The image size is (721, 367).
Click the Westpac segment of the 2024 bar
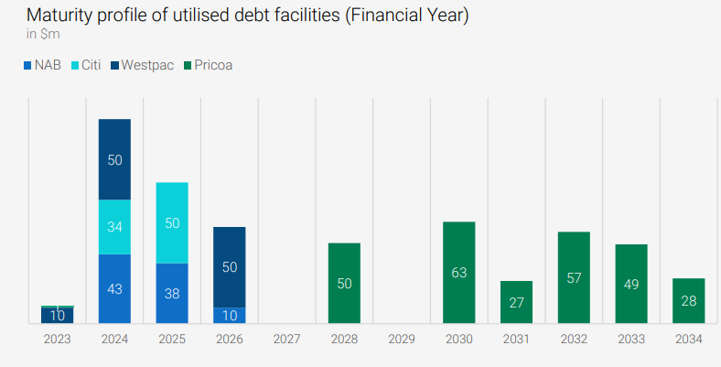pos(114,159)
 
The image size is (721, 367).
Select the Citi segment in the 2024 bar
pos(114,226)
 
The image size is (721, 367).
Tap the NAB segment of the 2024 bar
pos(114,288)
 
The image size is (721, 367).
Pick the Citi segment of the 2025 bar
pos(172,222)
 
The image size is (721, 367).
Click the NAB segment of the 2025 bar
pos(172,293)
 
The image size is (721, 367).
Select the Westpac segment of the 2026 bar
pos(229,266)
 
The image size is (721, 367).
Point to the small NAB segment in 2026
pos(229,315)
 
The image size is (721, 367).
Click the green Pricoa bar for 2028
pos(344,283)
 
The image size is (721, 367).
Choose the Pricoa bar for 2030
pos(458,272)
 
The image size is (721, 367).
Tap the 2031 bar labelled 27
pos(516,302)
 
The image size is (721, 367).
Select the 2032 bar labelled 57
pos(574,277)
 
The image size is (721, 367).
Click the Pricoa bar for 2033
pos(631,284)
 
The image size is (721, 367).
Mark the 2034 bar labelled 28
pos(688,300)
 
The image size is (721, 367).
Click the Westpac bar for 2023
pos(58,316)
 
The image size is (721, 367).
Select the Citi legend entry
pos(85,65)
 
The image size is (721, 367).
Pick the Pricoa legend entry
pos(208,65)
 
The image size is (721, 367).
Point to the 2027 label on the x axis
pos(286,339)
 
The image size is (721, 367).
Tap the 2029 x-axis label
pos(402,339)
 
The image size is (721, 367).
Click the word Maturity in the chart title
pos(59,16)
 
